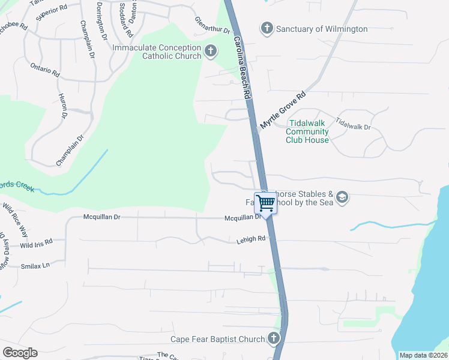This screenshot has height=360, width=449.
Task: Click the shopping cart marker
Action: coord(265,202)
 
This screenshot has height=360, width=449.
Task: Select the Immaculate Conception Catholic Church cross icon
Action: coord(210,52)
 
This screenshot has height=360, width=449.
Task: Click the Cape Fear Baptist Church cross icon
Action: coord(274,338)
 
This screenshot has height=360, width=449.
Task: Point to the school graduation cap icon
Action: coord(342,197)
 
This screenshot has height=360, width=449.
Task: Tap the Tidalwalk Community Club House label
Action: coord(307,131)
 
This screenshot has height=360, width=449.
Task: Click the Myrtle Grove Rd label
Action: coord(283,110)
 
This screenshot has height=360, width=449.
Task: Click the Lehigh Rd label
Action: coord(250,239)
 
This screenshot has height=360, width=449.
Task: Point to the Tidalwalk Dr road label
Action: coord(354,124)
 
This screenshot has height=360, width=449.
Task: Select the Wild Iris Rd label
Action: coord(36,244)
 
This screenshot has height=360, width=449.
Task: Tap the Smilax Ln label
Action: coord(35,265)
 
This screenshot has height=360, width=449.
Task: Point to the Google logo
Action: coord(20,352)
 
